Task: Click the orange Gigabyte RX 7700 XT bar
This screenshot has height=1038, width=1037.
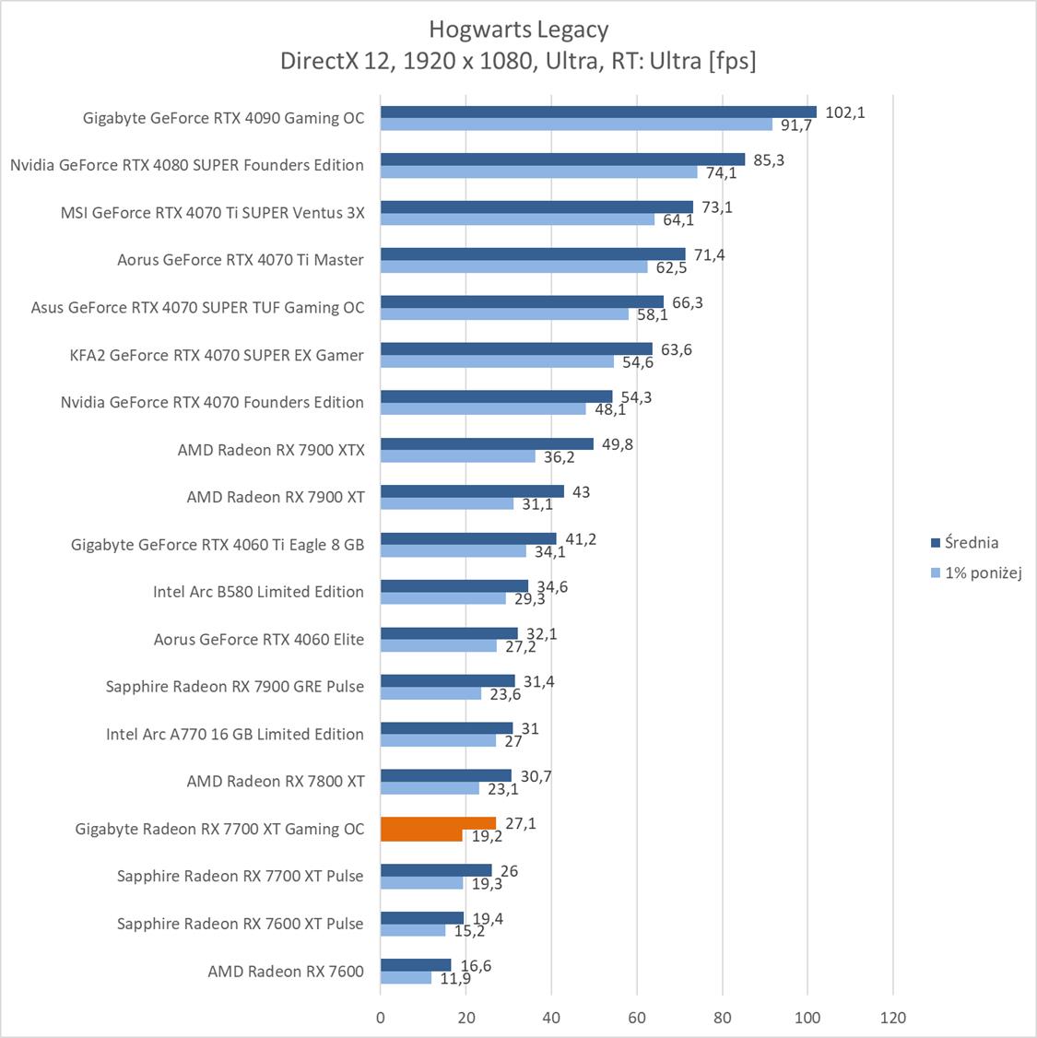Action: (x=438, y=823)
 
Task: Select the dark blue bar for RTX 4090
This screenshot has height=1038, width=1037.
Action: (x=598, y=112)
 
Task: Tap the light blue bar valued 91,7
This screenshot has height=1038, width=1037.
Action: (x=576, y=124)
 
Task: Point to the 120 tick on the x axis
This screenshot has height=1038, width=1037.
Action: (x=892, y=1018)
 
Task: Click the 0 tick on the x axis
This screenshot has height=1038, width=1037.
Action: (x=381, y=1018)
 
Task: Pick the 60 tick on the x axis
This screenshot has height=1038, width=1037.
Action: (x=637, y=1018)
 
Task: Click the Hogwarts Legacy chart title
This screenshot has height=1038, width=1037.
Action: (x=518, y=29)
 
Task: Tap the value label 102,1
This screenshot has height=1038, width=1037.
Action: (x=844, y=112)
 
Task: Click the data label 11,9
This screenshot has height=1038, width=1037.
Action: (x=455, y=979)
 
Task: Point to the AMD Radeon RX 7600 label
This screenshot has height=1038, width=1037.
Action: (x=286, y=971)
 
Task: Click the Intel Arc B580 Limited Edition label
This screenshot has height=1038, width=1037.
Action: (x=258, y=592)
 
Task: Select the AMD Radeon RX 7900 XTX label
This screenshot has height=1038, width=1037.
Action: (x=271, y=450)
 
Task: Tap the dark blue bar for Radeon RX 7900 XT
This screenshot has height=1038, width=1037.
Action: (x=472, y=491)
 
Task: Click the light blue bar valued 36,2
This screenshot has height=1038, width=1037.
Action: (x=457, y=456)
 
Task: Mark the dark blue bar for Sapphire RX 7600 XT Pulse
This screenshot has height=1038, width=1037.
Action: (x=422, y=918)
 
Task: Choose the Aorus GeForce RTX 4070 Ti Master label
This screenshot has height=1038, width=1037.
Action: (x=241, y=260)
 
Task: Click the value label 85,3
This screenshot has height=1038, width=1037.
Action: (x=769, y=160)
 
